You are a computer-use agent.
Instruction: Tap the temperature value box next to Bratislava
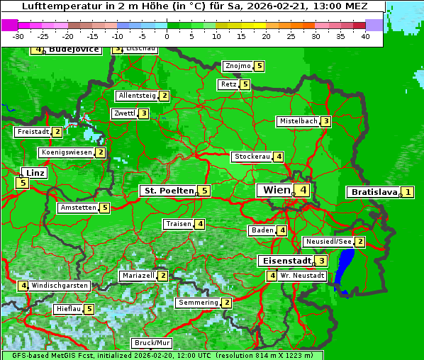click(408, 192)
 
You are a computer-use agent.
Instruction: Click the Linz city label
click(35, 173)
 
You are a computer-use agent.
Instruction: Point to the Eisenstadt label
click(284, 261)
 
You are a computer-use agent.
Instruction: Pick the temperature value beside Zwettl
click(143, 113)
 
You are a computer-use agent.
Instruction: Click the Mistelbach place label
click(298, 121)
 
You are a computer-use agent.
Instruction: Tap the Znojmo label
click(238, 66)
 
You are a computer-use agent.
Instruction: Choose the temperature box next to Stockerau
click(279, 157)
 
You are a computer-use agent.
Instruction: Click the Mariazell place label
click(138, 275)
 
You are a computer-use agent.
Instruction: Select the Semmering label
click(199, 303)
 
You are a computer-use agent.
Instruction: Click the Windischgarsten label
click(60, 286)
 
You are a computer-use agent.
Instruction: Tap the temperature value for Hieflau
click(89, 309)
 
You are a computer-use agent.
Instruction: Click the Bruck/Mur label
click(152, 343)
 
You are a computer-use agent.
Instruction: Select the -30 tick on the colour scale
click(18, 36)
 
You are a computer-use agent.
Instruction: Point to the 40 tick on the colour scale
click(365, 36)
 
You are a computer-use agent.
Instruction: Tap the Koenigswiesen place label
click(67, 152)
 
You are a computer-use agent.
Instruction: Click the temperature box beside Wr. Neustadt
click(272, 275)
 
